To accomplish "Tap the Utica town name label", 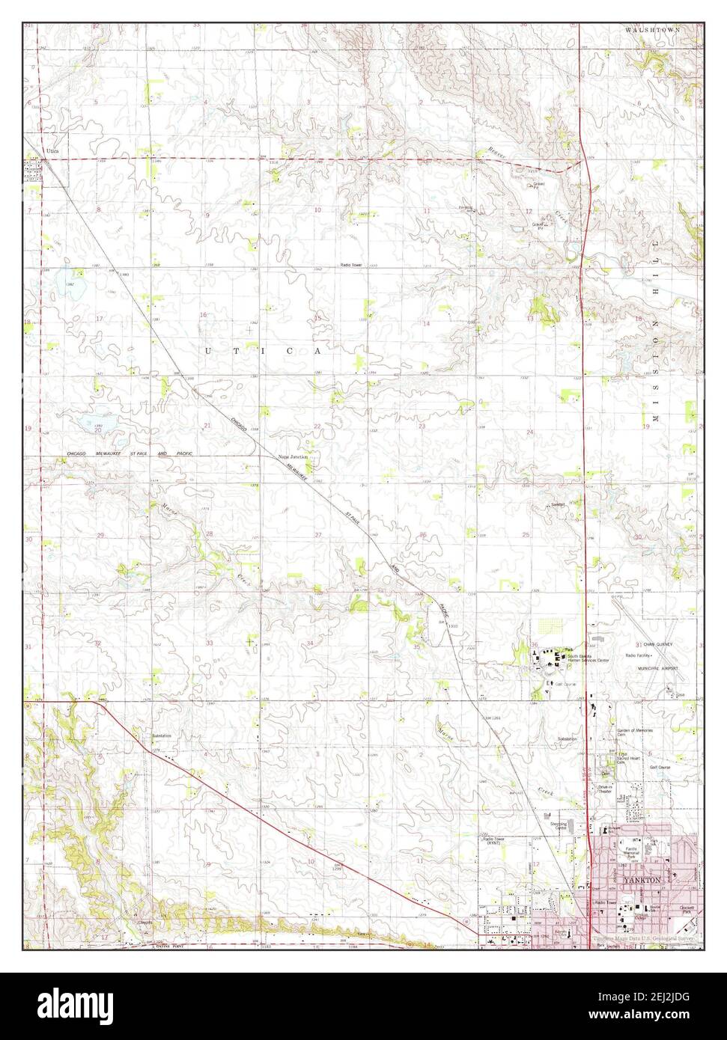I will (x=52, y=151).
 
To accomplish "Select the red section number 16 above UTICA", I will (x=203, y=315).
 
